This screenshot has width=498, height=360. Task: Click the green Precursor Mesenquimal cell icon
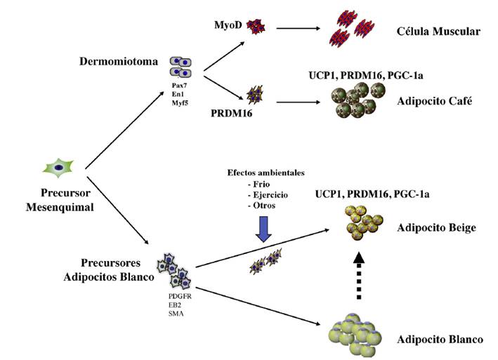click(x=59, y=166)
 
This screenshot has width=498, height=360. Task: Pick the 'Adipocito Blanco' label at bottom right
click(x=440, y=340)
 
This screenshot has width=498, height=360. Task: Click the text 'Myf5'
click(x=179, y=103)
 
